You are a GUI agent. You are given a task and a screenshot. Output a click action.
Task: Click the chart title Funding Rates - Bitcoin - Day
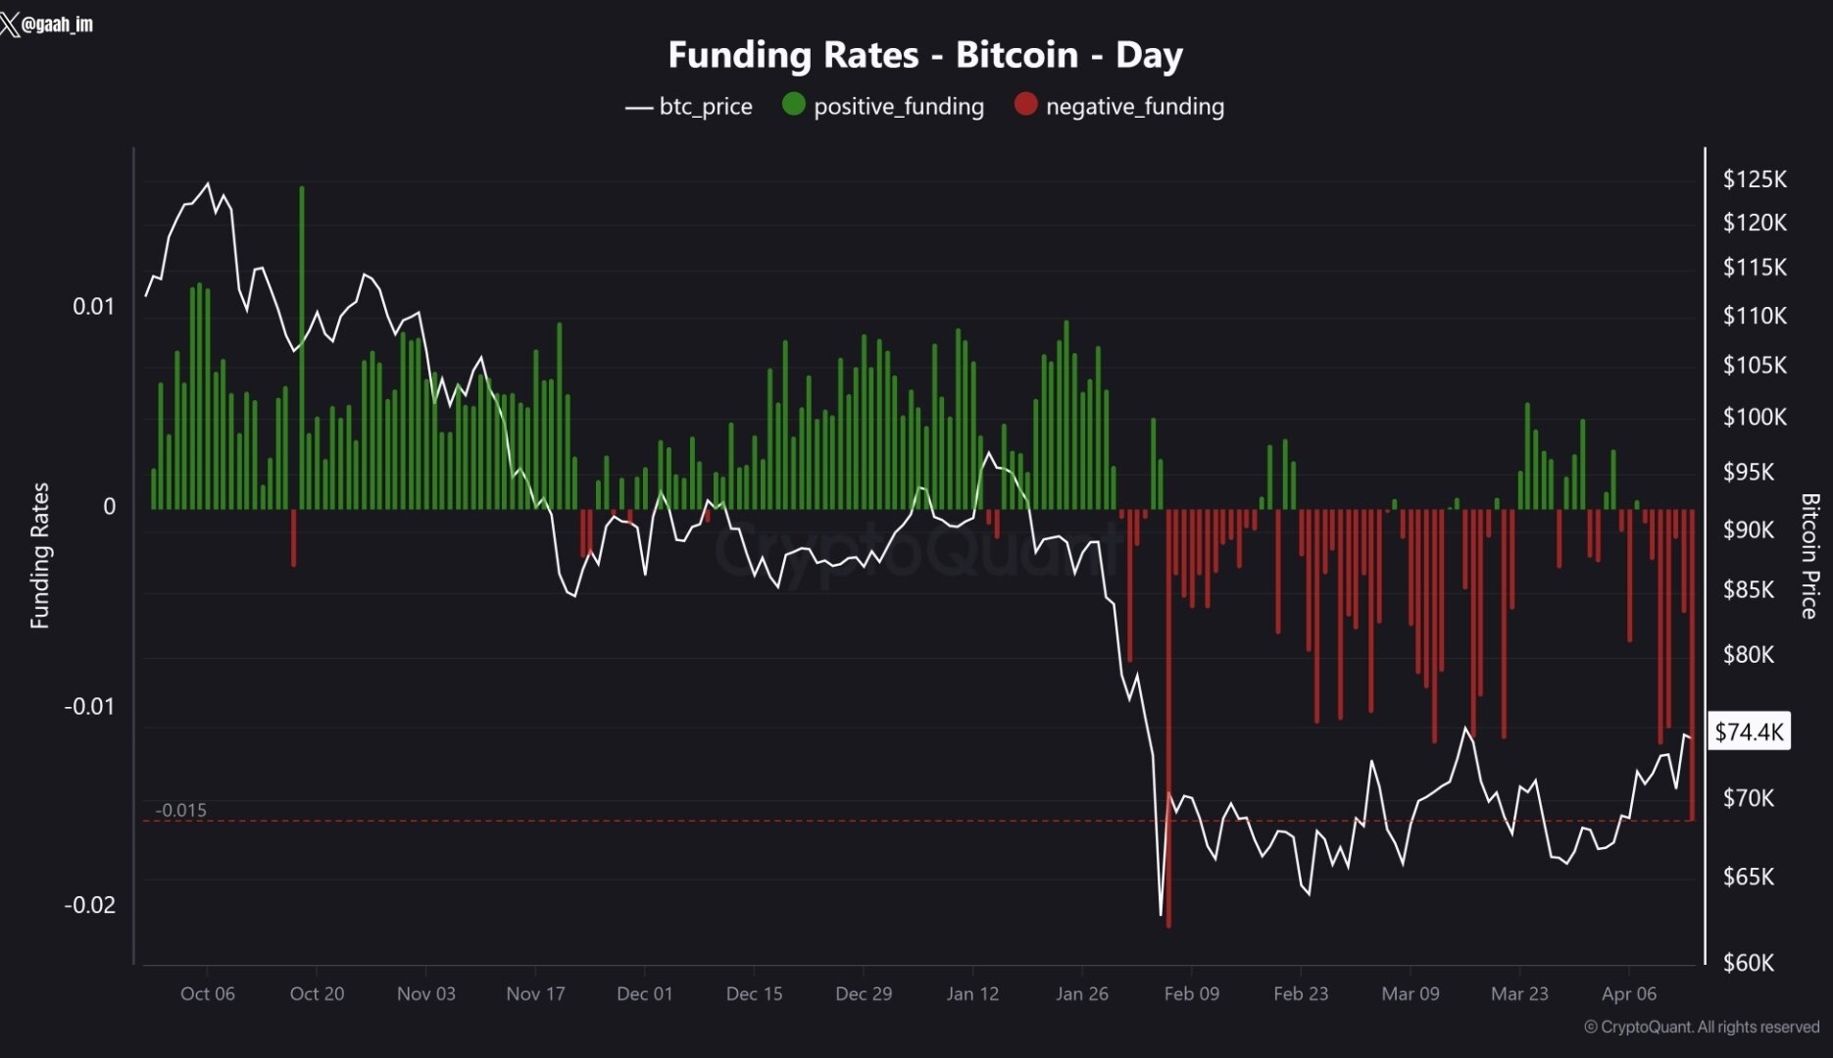(924, 55)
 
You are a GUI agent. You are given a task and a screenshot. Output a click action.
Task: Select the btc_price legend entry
(689, 106)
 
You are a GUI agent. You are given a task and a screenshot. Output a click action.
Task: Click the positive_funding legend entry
(883, 106)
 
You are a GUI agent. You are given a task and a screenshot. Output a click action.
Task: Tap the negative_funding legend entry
(1119, 106)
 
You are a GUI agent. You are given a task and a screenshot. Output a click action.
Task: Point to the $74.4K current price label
(1750, 731)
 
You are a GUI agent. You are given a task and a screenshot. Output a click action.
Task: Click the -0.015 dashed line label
(181, 810)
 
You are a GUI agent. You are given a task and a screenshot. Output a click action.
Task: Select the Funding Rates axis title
(39, 555)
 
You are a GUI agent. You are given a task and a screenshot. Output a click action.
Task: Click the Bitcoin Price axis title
(1809, 555)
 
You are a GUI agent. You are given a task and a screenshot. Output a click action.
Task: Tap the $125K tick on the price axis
(1755, 179)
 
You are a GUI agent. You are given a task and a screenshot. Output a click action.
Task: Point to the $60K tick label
(1749, 963)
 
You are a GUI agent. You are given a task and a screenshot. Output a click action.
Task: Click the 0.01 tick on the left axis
(93, 307)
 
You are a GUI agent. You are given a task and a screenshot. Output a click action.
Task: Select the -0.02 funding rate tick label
(89, 905)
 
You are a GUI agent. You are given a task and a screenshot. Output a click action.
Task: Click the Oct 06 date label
(208, 993)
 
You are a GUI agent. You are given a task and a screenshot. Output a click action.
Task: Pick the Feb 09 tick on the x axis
(1191, 993)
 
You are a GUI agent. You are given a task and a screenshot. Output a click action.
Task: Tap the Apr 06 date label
(1629, 993)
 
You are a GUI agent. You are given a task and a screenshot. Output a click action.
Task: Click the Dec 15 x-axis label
(754, 993)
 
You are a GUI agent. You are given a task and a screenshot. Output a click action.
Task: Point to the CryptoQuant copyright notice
(1702, 1027)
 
